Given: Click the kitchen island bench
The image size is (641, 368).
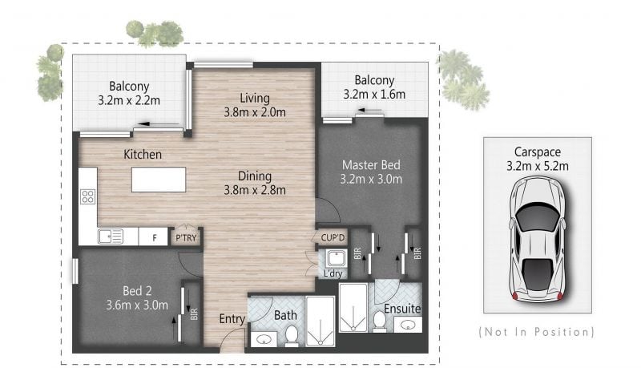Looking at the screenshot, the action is [159, 180].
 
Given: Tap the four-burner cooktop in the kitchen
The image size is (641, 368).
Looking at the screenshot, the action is [88, 196].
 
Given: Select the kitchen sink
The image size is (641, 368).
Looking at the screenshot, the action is [111, 237].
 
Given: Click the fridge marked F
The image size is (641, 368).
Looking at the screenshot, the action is [153, 237].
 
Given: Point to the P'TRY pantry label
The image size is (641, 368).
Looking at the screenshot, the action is [186, 237].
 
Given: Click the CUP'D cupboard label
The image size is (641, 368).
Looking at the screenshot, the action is [333, 237].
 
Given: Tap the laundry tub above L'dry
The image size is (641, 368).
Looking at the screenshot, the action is [337, 258].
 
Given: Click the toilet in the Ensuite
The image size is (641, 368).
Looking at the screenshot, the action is [380, 321].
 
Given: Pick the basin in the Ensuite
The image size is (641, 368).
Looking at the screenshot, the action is [408, 325].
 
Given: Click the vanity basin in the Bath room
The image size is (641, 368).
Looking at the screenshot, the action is [264, 339].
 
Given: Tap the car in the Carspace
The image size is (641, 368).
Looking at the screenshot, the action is [537, 240].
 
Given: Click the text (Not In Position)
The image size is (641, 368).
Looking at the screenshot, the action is [536, 332].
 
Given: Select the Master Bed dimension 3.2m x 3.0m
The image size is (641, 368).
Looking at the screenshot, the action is [371, 179].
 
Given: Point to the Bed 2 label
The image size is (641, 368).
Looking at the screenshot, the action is [137, 291].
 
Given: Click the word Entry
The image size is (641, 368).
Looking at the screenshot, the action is [232, 319].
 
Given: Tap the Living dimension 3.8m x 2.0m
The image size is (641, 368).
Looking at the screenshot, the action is [255, 112].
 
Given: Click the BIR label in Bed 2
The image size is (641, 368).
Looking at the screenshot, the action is [194, 314].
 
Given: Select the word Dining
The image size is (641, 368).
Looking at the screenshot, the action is [255, 176].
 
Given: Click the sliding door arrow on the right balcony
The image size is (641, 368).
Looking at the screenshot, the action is [370, 110].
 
